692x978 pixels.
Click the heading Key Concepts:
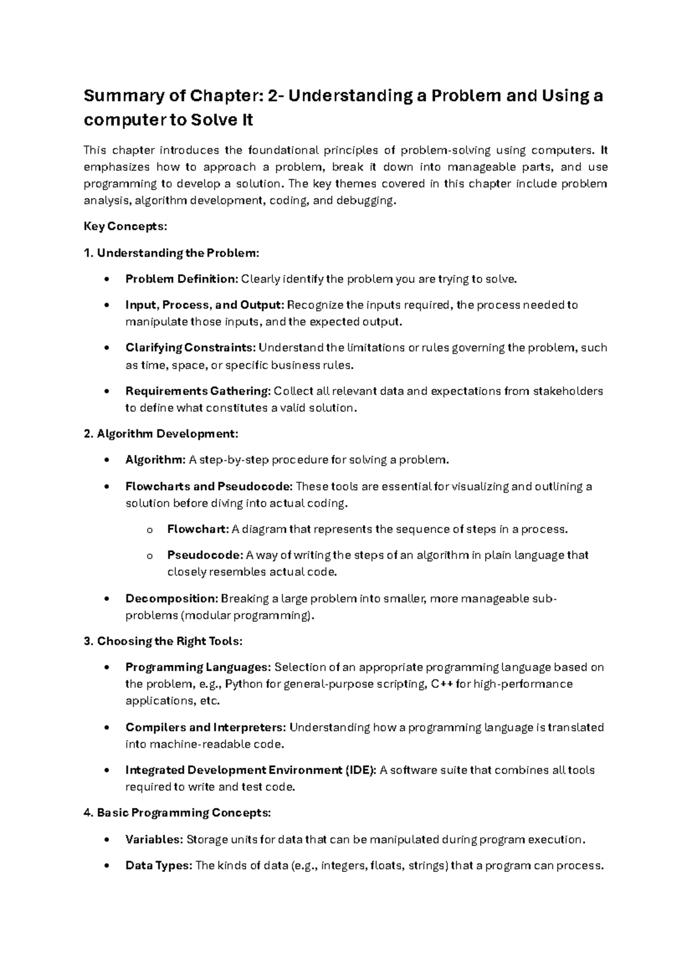(125, 227)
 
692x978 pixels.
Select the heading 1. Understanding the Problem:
(171, 253)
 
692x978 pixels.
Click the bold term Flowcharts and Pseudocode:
(209, 486)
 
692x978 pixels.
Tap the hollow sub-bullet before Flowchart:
(150, 530)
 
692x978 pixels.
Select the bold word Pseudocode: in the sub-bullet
(205, 555)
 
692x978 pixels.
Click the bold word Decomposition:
(171, 599)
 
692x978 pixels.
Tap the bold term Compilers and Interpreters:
(205, 727)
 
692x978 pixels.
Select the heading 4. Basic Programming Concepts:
(176, 813)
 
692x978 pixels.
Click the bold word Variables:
(154, 840)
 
